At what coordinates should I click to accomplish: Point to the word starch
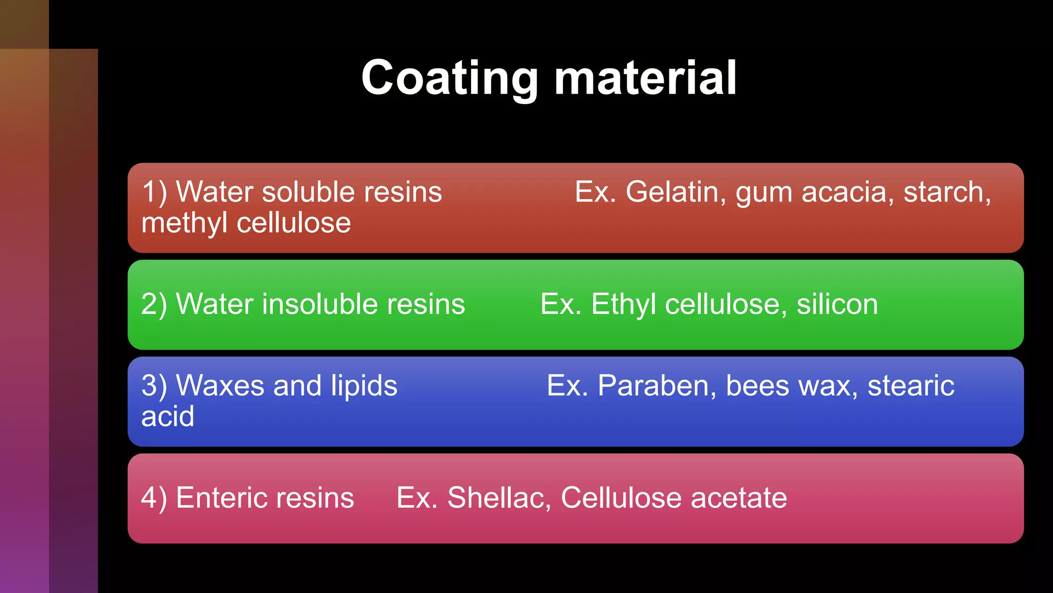click(x=947, y=192)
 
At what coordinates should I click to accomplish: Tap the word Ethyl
click(x=623, y=304)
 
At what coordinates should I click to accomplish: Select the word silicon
click(x=837, y=304)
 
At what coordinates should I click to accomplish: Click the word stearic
click(x=911, y=386)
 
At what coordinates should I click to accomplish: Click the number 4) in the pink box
click(x=154, y=498)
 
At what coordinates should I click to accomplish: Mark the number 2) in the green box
click(x=154, y=304)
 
